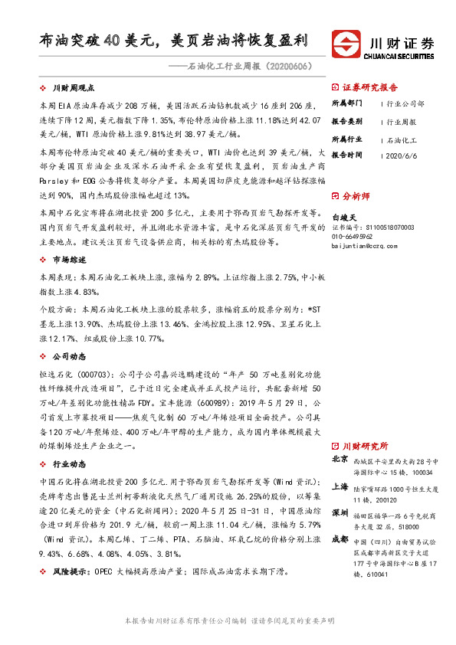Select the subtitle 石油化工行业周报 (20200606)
(x=239, y=67)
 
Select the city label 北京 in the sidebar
(x=340, y=460)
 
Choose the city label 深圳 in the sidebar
(x=340, y=512)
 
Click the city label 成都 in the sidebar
(x=340, y=539)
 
